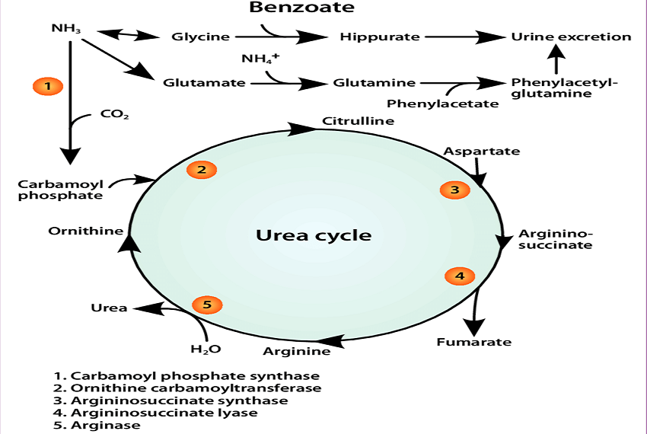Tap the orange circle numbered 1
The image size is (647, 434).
[47, 86]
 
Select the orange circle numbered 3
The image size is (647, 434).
[454, 190]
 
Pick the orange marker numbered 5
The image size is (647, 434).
[206, 305]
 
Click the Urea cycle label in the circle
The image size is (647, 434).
[314, 235]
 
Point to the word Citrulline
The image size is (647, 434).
[358, 121]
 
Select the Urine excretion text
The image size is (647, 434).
[571, 37]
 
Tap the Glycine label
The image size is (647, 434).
[200, 37]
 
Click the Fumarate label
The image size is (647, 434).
[473, 342]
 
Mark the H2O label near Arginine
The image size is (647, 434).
[205, 349]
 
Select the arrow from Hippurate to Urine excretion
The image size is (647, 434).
[464, 37]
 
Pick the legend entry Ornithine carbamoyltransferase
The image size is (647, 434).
[187, 388]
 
